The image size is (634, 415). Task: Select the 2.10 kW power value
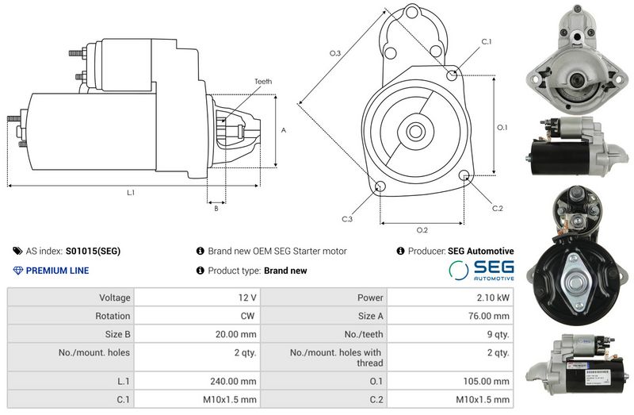tap(495, 298)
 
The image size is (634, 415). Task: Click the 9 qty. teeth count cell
tap(498, 333)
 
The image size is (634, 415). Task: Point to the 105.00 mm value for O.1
tap(491, 381)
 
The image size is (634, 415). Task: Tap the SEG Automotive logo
tap(481, 271)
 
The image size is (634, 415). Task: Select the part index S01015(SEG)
tap(93, 251)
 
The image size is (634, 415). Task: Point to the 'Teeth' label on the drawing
tap(263, 82)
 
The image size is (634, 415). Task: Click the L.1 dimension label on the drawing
tap(131, 193)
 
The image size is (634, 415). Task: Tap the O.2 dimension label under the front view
tap(422, 230)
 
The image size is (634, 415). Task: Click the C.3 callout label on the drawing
tap(347, 219)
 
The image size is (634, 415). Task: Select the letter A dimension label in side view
tap(283, 129)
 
